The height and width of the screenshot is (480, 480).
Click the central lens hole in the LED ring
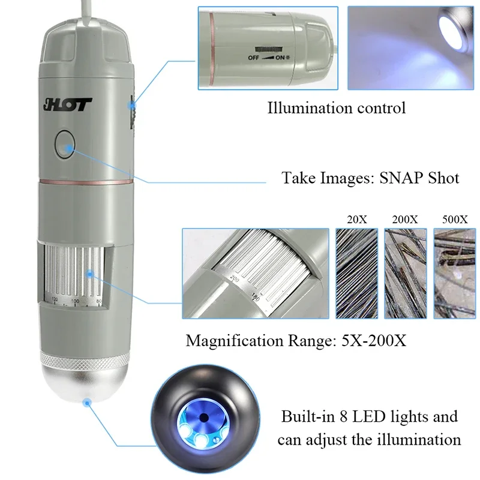point(204,416)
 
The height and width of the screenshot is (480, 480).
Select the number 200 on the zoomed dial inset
point(235,280)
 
